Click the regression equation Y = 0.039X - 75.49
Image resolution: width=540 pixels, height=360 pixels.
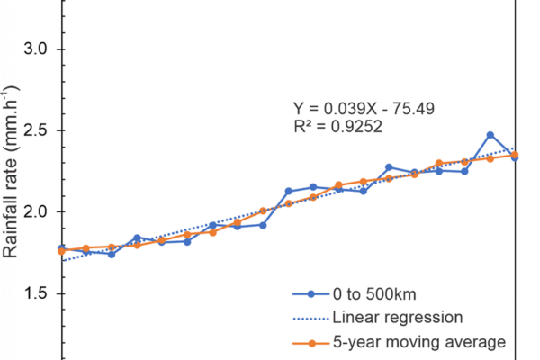point(365,109)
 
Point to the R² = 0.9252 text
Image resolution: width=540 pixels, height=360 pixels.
point(338,128)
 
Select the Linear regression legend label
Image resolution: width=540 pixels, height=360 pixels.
point(398,317)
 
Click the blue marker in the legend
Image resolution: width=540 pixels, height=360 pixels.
point(310,293)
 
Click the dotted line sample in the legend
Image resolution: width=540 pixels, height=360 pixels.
point(310,317)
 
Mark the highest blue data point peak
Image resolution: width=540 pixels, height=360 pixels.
point(490,135)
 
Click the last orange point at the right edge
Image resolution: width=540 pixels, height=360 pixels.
point(515,155)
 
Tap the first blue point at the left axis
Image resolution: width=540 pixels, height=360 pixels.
point(61,248)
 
